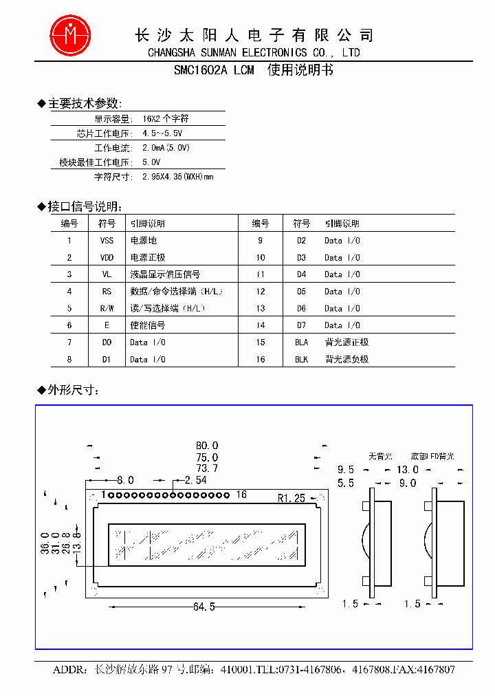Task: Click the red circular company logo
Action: [x=70, y=34]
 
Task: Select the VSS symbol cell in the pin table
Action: [x=107, y=241]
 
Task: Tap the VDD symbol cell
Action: [x=107, y=258]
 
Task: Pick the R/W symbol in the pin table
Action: [x=107, y=308]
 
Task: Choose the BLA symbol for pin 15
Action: [x=301, y=342]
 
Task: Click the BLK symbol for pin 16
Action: [x=301, y=359]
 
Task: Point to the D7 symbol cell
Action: [x=301, y=325]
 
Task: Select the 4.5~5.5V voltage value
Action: [x=162, y=133]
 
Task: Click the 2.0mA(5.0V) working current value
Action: [x=166, y=148]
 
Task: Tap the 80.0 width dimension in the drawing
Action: [x=206, y=446]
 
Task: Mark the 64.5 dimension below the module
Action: [x=204, y=607]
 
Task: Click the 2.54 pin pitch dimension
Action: [x=195, y=480]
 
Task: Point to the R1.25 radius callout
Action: [x=291, y=498]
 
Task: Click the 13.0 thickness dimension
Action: [x=407, y=469]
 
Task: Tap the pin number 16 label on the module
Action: [x=241, y=494]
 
